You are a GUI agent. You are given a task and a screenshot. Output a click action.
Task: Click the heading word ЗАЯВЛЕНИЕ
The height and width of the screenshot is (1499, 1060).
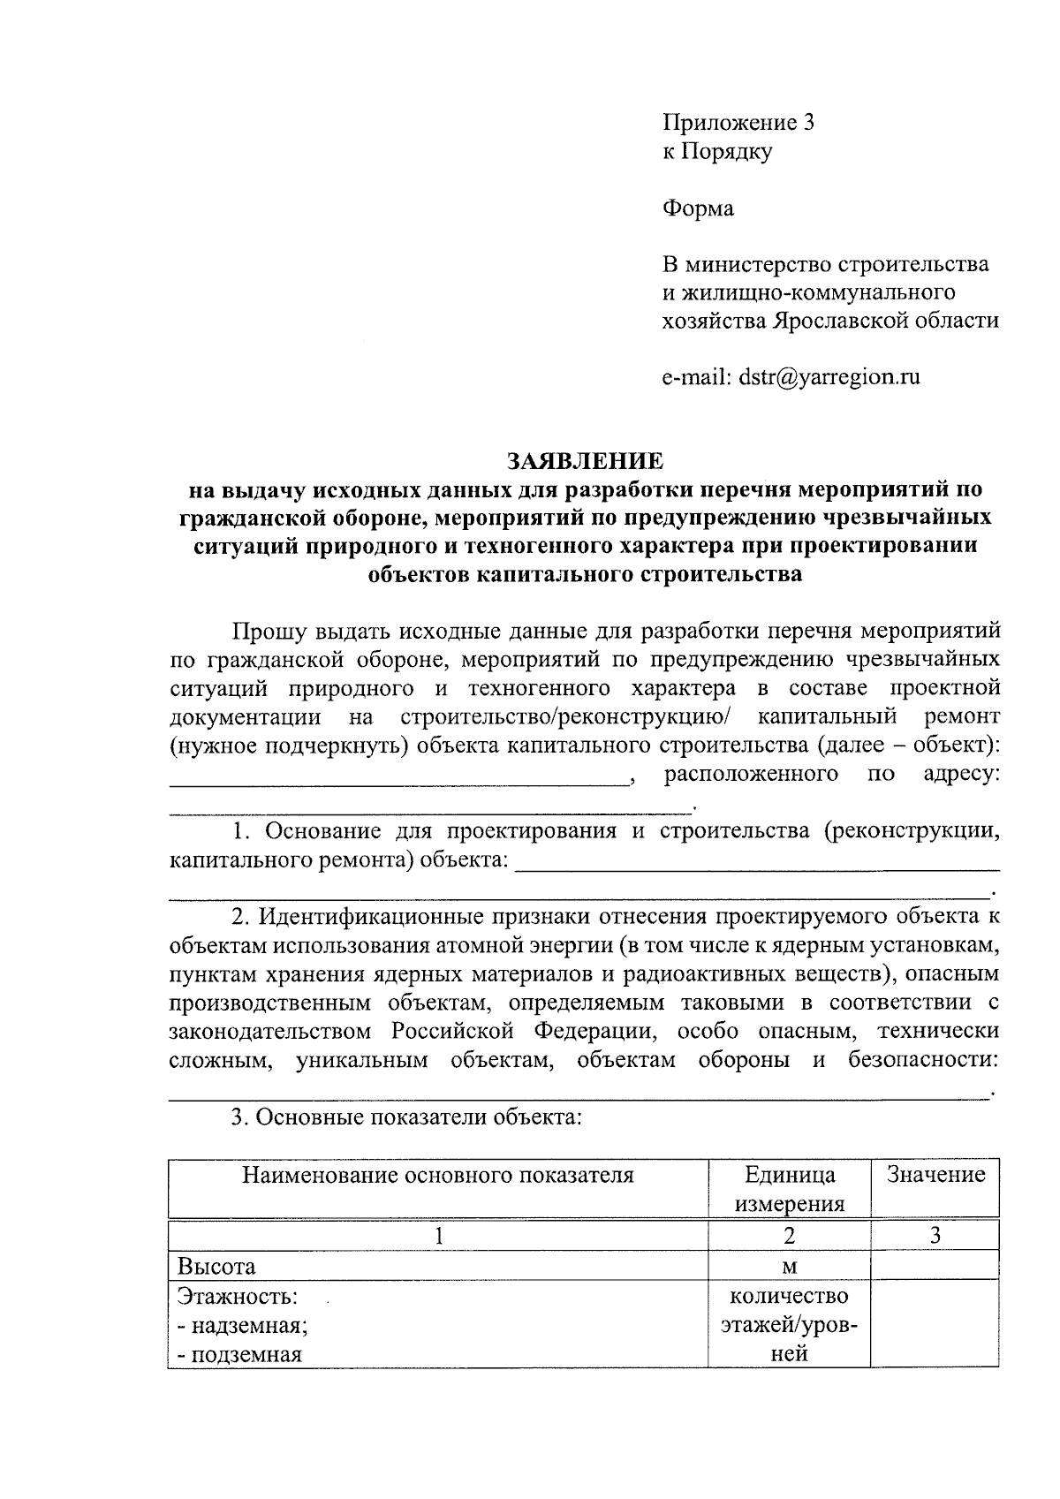click(x=584, y=461)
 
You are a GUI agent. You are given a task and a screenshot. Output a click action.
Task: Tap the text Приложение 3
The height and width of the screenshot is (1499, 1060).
click(x=738, y=123)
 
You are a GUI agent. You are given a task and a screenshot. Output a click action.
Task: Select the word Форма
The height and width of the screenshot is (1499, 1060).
click(x=698, y=208)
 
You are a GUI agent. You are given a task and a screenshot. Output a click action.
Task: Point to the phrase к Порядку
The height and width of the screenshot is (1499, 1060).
click(x=717, y=151)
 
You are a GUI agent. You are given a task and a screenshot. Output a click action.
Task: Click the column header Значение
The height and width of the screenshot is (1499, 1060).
click(x=935, y=1174)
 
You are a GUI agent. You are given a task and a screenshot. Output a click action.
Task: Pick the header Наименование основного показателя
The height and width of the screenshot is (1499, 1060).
click(x=438, y=1174)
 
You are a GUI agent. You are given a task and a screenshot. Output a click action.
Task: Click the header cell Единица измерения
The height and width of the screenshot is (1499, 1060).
click(x=790, y=1188)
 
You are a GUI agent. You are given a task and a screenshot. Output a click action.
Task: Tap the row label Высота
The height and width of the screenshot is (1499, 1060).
click(x=216, y=1266)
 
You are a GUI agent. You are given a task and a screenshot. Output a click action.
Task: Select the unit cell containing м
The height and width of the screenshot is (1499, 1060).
click(x=790, y=1267)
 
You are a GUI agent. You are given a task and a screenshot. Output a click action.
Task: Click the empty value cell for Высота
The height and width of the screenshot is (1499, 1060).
click(x=935, y=1266)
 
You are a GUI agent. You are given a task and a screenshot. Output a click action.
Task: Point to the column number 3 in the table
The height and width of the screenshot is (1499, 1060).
click(x=935, y=1235)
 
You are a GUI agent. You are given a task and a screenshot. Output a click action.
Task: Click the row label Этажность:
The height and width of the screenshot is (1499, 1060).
click(x=238, y=1296)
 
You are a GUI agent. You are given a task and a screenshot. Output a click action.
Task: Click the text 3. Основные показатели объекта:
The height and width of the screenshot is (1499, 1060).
click(x=406, y=1117)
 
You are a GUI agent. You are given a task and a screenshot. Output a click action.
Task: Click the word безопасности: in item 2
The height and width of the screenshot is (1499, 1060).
click(x=923, y=1059)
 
